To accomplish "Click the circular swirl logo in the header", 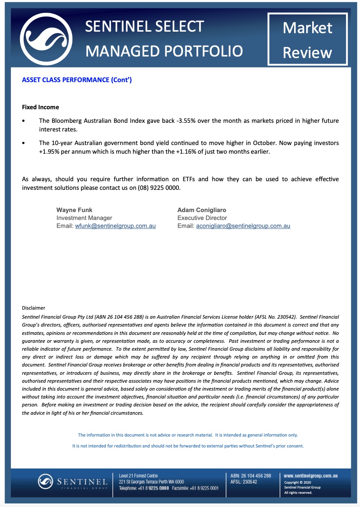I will [x=46, y=39].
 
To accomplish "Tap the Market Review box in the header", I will [x=307, y=40].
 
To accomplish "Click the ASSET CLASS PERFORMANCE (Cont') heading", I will [x=77, y=80].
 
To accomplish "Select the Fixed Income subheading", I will [x=40, y=107].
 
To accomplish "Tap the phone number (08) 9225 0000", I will [x=159, y=188].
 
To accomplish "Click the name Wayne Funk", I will [x=74, y=210].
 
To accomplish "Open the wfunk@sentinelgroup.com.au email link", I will [x=115, y=226].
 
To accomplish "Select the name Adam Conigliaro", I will [x=202, y=210].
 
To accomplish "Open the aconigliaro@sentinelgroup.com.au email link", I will [x=243, y=226].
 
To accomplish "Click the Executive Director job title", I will [x=202, y=218].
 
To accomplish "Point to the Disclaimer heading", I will [x=34, y=308].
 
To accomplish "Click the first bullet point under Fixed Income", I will [x=24, y=121].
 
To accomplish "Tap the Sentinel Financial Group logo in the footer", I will [x=73, y=482].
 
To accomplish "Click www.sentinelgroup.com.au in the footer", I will [x=310, y=476].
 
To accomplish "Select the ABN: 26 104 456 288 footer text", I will [x=250, y=476].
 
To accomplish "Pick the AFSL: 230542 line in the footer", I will [x=244, y=482].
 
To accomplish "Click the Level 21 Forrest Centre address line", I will [x=138, y=476].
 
